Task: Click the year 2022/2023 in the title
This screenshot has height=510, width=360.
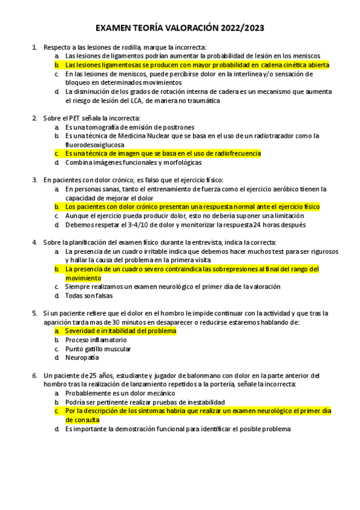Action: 241,28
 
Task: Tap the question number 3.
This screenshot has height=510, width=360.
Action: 35,179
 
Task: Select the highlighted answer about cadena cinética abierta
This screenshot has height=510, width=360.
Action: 197,64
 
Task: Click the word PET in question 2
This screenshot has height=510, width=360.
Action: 70,118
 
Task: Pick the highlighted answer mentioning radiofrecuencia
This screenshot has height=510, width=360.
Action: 163,153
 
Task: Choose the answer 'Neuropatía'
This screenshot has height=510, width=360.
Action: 82,357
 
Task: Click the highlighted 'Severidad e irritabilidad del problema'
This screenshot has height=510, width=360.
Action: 120,331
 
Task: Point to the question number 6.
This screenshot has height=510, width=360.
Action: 35,375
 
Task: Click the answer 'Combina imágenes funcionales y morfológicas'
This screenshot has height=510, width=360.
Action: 133,162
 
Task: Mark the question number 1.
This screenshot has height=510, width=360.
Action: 35,47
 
